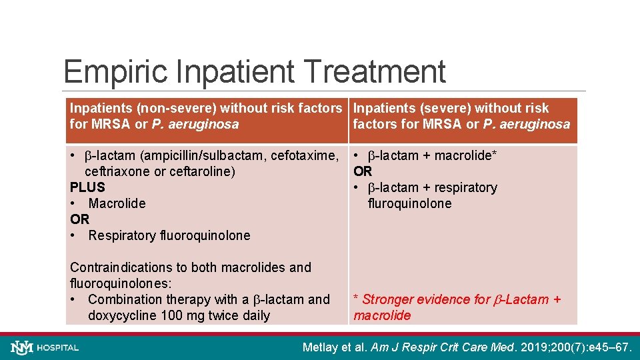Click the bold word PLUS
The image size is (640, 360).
[87, 187]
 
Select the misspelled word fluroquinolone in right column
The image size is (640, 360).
[409, 203]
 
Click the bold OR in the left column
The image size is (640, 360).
[79, 219]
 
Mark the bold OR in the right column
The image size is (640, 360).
[363, 171]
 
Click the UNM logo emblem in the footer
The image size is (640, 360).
[21, 347]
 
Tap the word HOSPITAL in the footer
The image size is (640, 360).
[58, 348]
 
